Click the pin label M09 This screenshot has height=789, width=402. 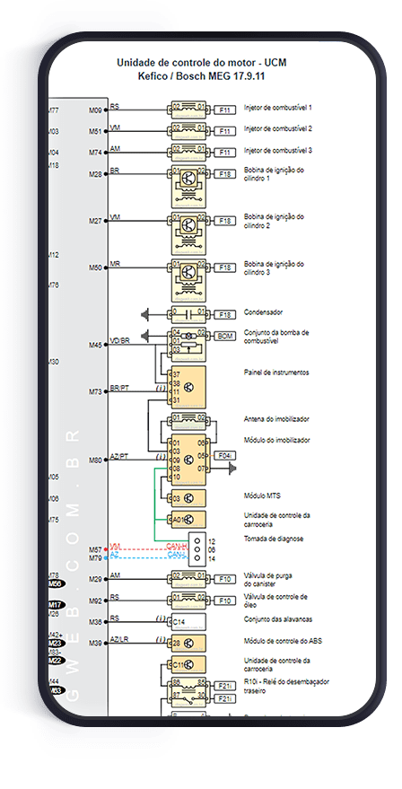pos(95,110)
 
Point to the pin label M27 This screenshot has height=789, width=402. pos(95,221)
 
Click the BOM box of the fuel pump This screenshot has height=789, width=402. pos(225,336)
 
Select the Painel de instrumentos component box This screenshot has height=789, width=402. pos(188,386)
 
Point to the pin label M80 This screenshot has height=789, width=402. pos(95,460)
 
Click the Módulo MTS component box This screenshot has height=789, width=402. pos(188,498)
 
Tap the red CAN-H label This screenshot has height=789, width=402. pos(175,546)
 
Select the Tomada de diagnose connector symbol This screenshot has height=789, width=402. pos(197,549)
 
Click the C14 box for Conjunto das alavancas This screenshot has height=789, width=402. pos(188,620)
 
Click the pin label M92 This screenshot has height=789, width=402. pos(95,599)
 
